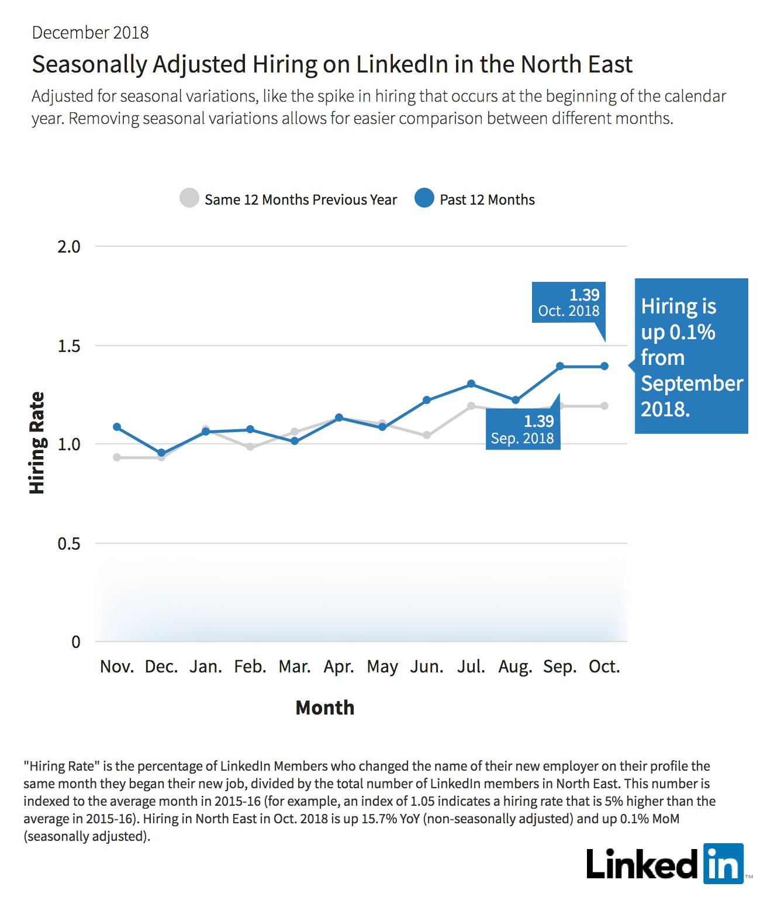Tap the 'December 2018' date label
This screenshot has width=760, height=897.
tap(90, 33)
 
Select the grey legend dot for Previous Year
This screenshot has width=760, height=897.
tap(189, 198)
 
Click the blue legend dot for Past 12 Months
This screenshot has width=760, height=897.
tap(424, 198)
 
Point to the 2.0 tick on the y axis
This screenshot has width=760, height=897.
tap(69, 247)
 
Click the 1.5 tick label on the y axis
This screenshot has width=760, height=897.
tap(69, 346)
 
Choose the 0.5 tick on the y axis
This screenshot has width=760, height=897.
tap(69, 543)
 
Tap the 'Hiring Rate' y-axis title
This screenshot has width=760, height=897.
tap(37, 443)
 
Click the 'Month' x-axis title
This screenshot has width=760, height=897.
tap(325, 708)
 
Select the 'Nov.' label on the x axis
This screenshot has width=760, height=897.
tap(117, 667)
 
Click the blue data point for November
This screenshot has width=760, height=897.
tap(117, 427)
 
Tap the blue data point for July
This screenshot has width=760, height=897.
tap(471, 384)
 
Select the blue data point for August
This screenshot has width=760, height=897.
tap(516, 400)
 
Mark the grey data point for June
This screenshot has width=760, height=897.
tap(427, 435)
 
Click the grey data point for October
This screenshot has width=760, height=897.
tap(604, 406)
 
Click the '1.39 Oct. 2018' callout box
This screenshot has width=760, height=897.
tap(569, 302)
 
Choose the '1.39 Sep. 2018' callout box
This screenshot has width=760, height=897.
tap(523, 429)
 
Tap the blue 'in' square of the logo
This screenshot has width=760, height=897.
tap(724, 864)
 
